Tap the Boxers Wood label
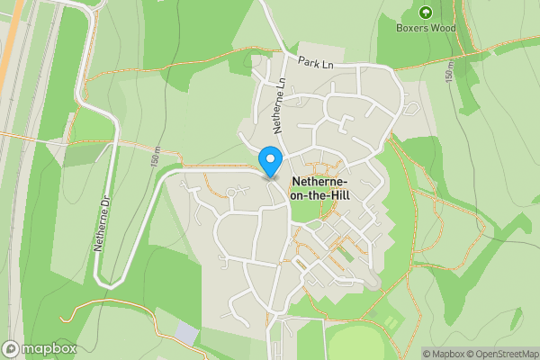[x=426, y=28]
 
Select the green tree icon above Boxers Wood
[x=426, y=13]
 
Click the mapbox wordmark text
[x=49, y=348]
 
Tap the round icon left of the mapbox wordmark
[x=12, y=348]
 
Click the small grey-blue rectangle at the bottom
[x=187, y=334]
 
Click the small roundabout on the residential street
[x=231, y=193]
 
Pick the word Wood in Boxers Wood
[x=442, y=28]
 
